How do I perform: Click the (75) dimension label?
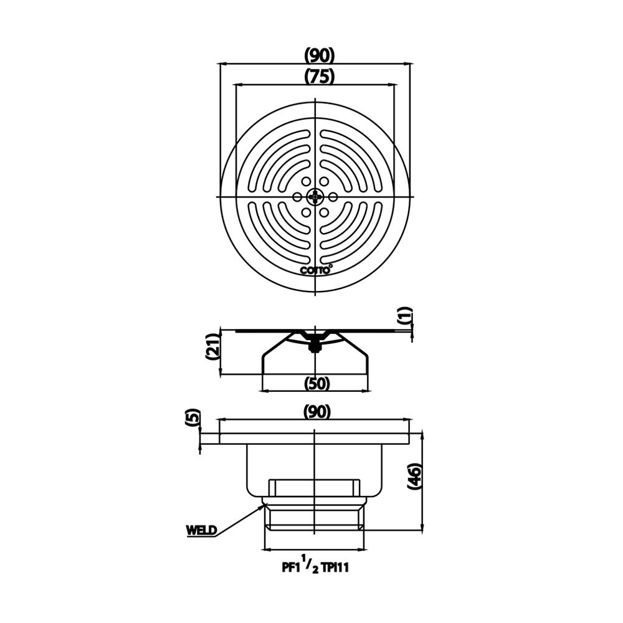click(x=320, y=76)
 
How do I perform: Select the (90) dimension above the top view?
click(x=320, y=55)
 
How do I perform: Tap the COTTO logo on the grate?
click(x=316, y=269)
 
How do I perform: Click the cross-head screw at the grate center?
click(x=316, y=197)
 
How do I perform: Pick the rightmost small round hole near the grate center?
click(x=333, y=197)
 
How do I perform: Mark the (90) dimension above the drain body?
click(x=316, y=411)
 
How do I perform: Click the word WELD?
click(x=201, y=531)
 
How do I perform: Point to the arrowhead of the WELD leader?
click(x=262, y=506)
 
